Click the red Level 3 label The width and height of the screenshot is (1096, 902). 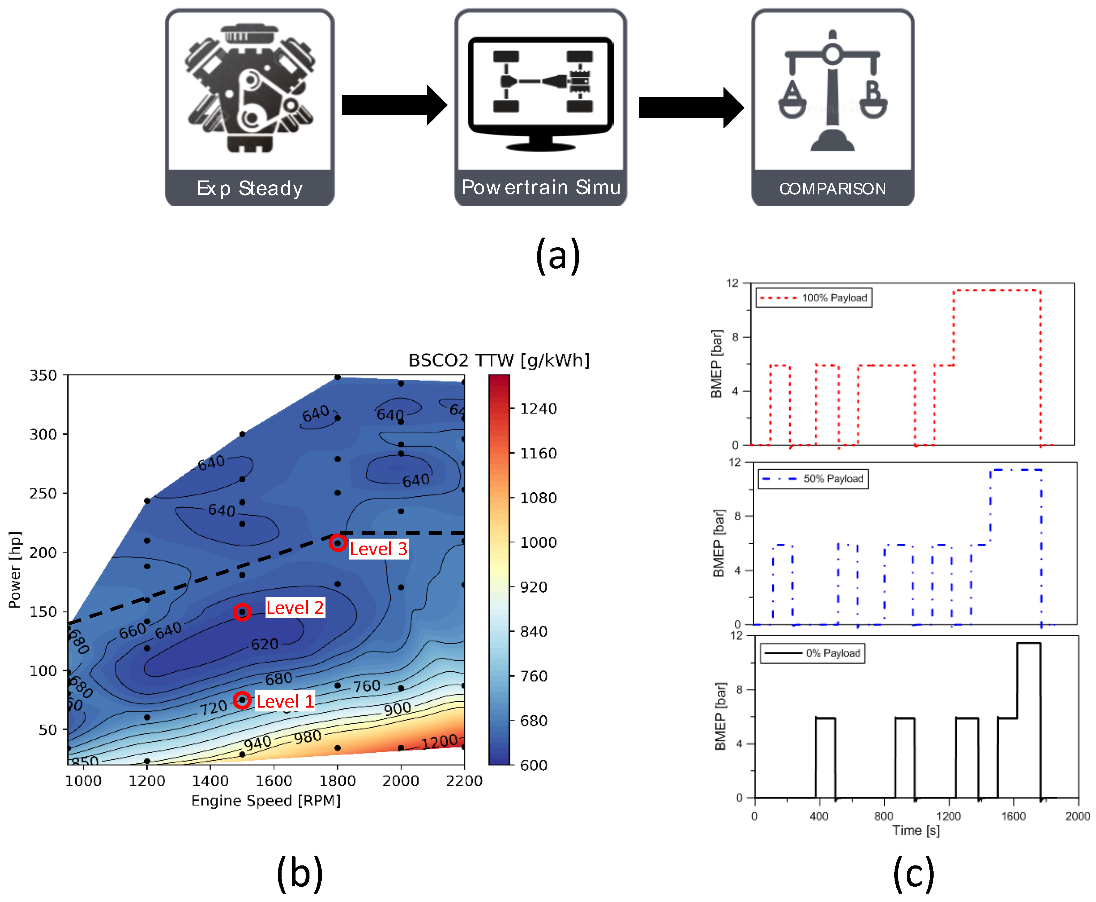pyautogui.click(x=378, y=549)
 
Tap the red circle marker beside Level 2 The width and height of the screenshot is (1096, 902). pyautogui.click(x=242, y=612)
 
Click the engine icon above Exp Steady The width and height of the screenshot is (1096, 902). pyautogui.click(x=250, y=90)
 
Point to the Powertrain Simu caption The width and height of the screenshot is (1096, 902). pyautogui.click(x=541, y=187)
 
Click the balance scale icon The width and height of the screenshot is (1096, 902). pyautogui.click(x=833, y=91)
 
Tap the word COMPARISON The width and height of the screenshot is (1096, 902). pyautogui.click(x=833, y=188)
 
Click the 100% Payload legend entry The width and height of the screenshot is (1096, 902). pyautogui.click(x=814, y=298)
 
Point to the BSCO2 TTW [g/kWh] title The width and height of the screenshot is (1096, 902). pyautogui.click(x=499, y=360)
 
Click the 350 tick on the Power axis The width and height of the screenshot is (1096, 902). pyautogui.click(x=43, y=375)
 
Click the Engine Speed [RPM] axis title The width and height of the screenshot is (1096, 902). pyautogui.click(x=266, y=801)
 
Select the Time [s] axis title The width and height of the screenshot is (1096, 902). pyautogui.click(x=916, y=830)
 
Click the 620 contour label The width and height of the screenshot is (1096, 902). pyautogui.click(x=265, y=644)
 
